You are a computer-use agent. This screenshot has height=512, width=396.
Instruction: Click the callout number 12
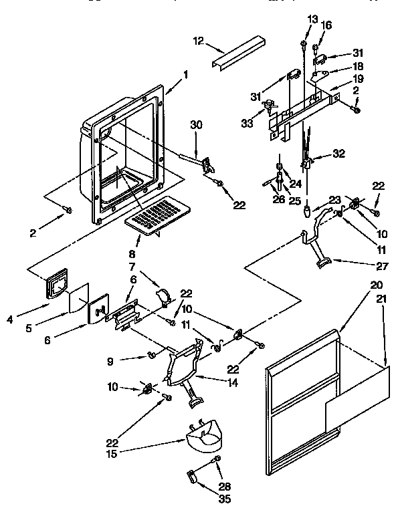pos(197,41)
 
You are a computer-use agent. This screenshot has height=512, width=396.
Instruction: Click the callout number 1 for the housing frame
pos(186,74)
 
